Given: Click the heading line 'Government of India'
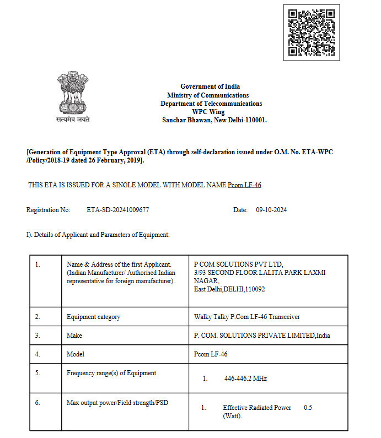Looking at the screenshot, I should (x=210, y=86).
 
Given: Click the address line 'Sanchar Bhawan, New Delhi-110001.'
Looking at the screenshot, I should (x=214, y=120).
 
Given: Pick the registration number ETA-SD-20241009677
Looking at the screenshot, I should (x=118, y=210).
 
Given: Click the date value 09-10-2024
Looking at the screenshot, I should (x=271, y=210).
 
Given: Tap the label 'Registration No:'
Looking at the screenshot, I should (x=49, y=210).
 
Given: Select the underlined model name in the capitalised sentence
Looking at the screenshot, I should (x=244, y=185).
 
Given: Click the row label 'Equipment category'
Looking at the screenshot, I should (x=93, y=317).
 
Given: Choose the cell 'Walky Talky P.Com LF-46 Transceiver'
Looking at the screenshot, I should (x=247, y=317).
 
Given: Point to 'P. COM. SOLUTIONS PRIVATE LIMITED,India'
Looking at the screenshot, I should (x=262, y=336).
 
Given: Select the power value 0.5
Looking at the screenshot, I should (x=308, y=408).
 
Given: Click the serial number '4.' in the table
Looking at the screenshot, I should (x=37, y=354).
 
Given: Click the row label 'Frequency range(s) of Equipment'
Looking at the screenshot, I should (x=111, y=373).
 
